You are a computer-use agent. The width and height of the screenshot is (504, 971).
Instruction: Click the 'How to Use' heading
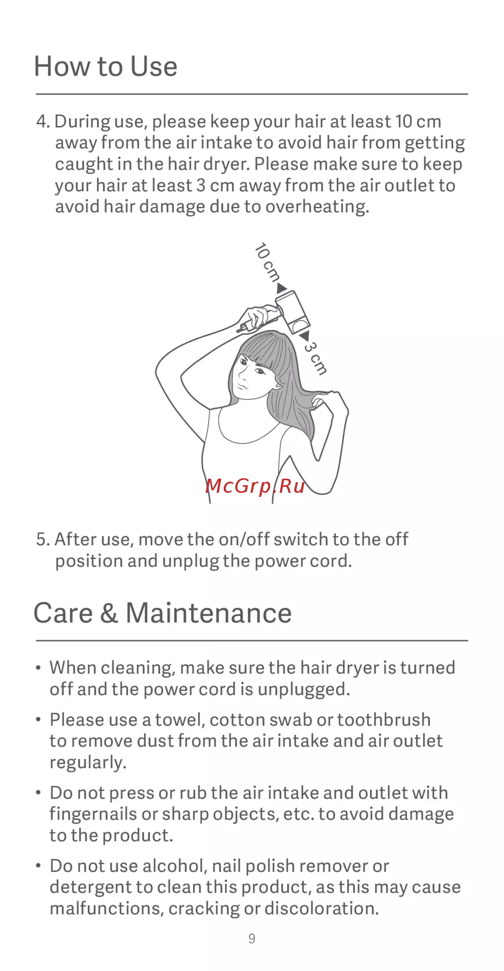pos(106,66)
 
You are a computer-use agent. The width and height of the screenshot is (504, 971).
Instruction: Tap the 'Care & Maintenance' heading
pos(163,613)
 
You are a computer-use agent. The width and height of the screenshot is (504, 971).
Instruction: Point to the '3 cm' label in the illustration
pos(316,358)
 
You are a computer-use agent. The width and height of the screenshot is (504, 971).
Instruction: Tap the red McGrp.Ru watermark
pos(256,486)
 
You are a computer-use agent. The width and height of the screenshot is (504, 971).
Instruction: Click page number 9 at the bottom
pos(252,939)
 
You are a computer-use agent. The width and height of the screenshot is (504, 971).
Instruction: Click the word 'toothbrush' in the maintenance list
pos(384,720)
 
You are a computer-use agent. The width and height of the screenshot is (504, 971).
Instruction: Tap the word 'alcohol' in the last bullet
pos(172,866)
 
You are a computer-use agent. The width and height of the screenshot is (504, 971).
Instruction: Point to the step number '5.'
pos(43,540)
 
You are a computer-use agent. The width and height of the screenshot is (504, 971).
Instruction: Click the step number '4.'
pos(43,122)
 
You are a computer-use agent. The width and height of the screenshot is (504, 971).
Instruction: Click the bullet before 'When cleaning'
pos(38,668)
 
